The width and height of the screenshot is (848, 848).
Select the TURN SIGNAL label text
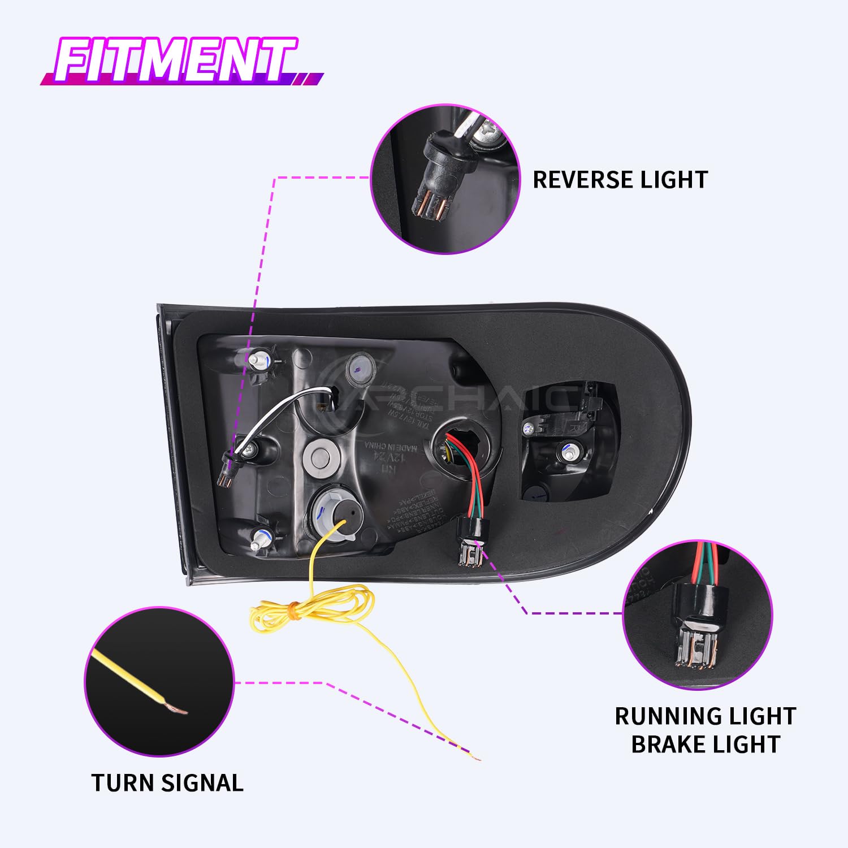(167, 783)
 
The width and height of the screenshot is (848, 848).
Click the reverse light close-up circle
(445, 179)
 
